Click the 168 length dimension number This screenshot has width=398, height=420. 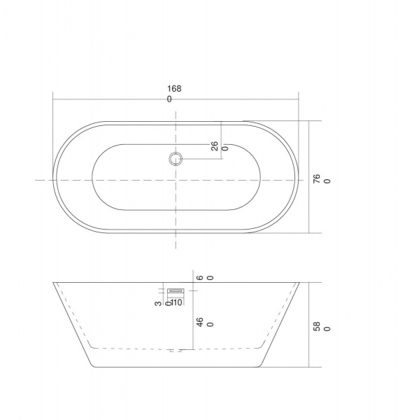[174, 88]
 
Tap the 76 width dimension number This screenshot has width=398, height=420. [317, 178]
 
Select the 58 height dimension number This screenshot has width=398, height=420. [317, 326]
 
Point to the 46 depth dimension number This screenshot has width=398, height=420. [200, 322]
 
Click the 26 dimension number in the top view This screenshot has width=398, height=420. [215, 146]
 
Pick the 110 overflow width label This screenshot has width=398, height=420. [176, 302]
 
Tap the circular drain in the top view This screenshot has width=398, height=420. [176, 159]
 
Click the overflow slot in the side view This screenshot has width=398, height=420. [176, 290]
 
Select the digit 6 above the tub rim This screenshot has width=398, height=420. [200, 278]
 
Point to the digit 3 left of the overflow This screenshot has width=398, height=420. [159, 303]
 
